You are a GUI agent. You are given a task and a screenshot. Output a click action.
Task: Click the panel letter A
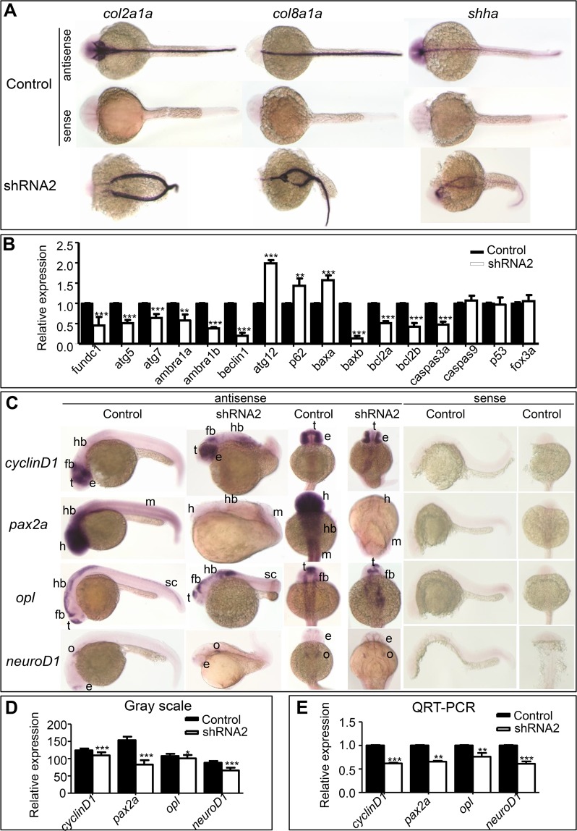[x=11, y=12]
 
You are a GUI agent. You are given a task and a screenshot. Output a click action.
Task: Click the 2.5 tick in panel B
[x=67, y=246]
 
